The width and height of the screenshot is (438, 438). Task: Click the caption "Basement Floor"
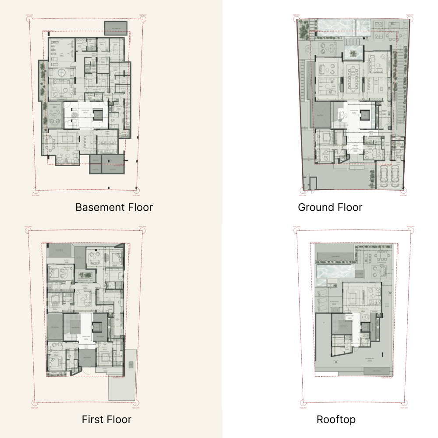(x=114, y=207)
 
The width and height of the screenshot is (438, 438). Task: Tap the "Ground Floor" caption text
(x=330, y=207)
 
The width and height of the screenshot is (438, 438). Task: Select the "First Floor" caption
(x=106, y=420)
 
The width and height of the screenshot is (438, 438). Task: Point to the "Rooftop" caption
(x=336, y=420)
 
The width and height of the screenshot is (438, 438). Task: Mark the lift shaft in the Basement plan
(x=98, y=115)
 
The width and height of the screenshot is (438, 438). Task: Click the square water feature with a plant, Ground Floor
(x=353, y=53)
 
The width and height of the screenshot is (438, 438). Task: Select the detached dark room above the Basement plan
(x=116, y=28)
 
